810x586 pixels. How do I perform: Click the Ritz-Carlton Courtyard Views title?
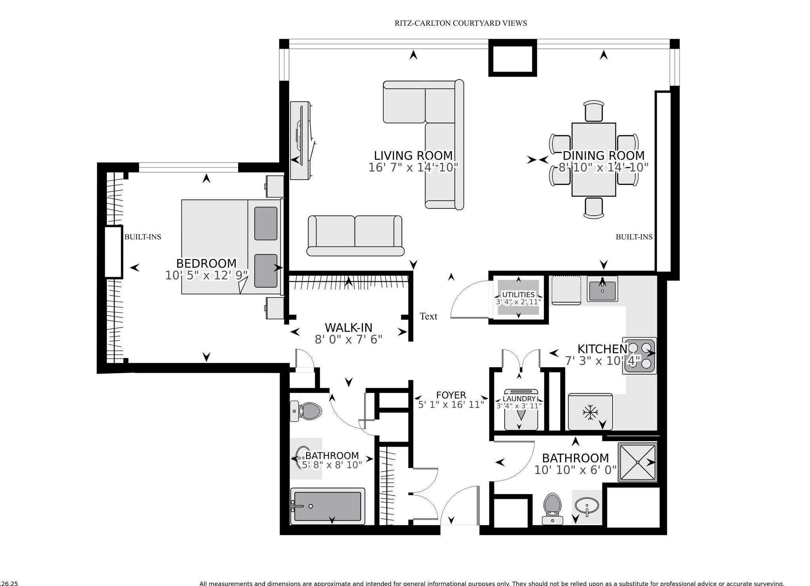tap(460, 23)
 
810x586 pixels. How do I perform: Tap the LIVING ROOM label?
tap(413, 156)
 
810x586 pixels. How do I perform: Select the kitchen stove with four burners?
tap(640, 355)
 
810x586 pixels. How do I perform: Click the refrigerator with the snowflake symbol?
tap(590, 412)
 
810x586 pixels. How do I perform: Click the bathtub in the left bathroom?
tap(327, 506)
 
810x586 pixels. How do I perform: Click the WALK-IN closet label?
tap(348, 328)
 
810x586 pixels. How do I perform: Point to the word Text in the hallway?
tap(428, 316)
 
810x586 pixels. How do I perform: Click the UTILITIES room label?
tap(518, 295)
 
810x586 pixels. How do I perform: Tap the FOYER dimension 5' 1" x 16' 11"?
tap(451, 405)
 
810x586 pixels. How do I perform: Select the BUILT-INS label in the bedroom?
tap(143, 237)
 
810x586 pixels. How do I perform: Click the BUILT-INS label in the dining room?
tap(634, 237)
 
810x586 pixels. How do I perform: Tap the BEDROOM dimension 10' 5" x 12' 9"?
tap(206, 275)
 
